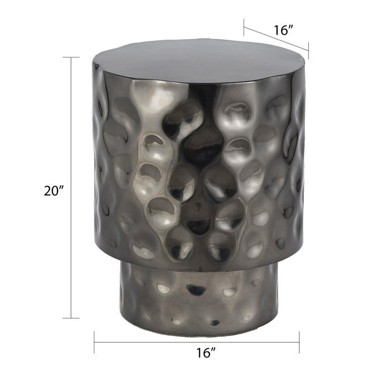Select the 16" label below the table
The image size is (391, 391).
[206, 353]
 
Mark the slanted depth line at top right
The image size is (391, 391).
[276, 39]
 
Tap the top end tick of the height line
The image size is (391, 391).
[71, 58]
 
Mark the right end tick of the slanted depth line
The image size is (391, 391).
[308, 51]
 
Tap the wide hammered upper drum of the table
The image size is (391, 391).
[199, 168]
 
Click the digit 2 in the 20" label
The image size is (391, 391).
[48, 190]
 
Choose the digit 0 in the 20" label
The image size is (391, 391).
[56, 190]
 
